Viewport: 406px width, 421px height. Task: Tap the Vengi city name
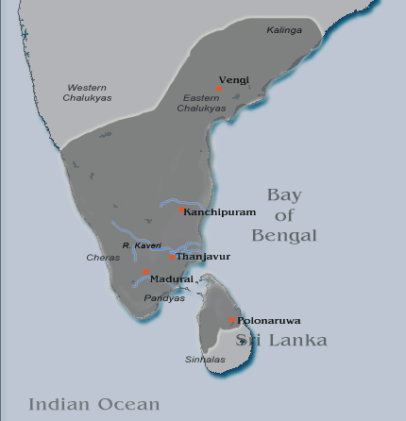[234, 79]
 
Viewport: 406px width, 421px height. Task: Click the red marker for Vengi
[218, 88]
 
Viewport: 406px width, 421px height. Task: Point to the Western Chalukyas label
[88, 92]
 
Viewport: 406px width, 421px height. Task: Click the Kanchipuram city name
[219, 211]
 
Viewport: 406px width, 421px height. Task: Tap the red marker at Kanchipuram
[182, 210]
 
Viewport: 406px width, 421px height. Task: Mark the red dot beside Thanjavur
[172, 255]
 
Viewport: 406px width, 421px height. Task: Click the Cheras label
[101, 257]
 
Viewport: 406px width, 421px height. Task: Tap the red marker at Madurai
[145, 272]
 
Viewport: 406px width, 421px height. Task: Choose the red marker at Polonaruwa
[232, 321]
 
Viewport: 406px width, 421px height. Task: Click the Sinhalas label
[201, 360]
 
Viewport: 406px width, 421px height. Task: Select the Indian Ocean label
[94, 404]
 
